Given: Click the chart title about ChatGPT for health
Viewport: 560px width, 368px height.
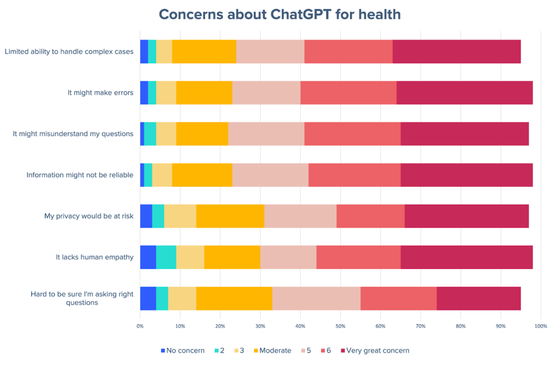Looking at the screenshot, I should [279, 14].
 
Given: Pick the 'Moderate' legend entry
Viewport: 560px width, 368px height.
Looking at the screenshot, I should [275, 351].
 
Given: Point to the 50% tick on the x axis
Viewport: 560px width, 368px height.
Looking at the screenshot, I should [340, 326].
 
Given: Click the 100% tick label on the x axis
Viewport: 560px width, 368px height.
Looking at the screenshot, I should [540, 326].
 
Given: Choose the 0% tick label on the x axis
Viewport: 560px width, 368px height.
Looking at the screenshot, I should [140, 326].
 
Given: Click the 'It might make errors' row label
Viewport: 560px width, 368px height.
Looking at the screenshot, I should [100, 92].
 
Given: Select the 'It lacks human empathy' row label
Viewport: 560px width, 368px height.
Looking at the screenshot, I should [94, 257].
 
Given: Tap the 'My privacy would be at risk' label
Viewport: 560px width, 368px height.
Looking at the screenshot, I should [89, 216].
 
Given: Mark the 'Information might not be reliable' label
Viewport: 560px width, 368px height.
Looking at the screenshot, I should [80, 175].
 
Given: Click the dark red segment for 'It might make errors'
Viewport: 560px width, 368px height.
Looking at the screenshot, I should [464, 92].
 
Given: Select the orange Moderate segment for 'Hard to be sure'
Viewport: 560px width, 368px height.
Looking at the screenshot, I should [234, 298].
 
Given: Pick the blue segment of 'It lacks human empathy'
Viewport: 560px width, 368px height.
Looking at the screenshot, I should [148, 257].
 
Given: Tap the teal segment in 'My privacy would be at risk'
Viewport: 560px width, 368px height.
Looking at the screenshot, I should [158, 216].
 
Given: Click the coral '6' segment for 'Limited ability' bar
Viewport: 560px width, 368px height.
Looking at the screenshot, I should [348, 51].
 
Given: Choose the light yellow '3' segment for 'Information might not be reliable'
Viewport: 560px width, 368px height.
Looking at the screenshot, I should [162, 175].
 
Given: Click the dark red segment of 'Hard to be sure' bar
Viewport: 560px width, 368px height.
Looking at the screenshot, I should [479, 298].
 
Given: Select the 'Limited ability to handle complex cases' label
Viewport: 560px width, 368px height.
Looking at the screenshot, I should [69, 52].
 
